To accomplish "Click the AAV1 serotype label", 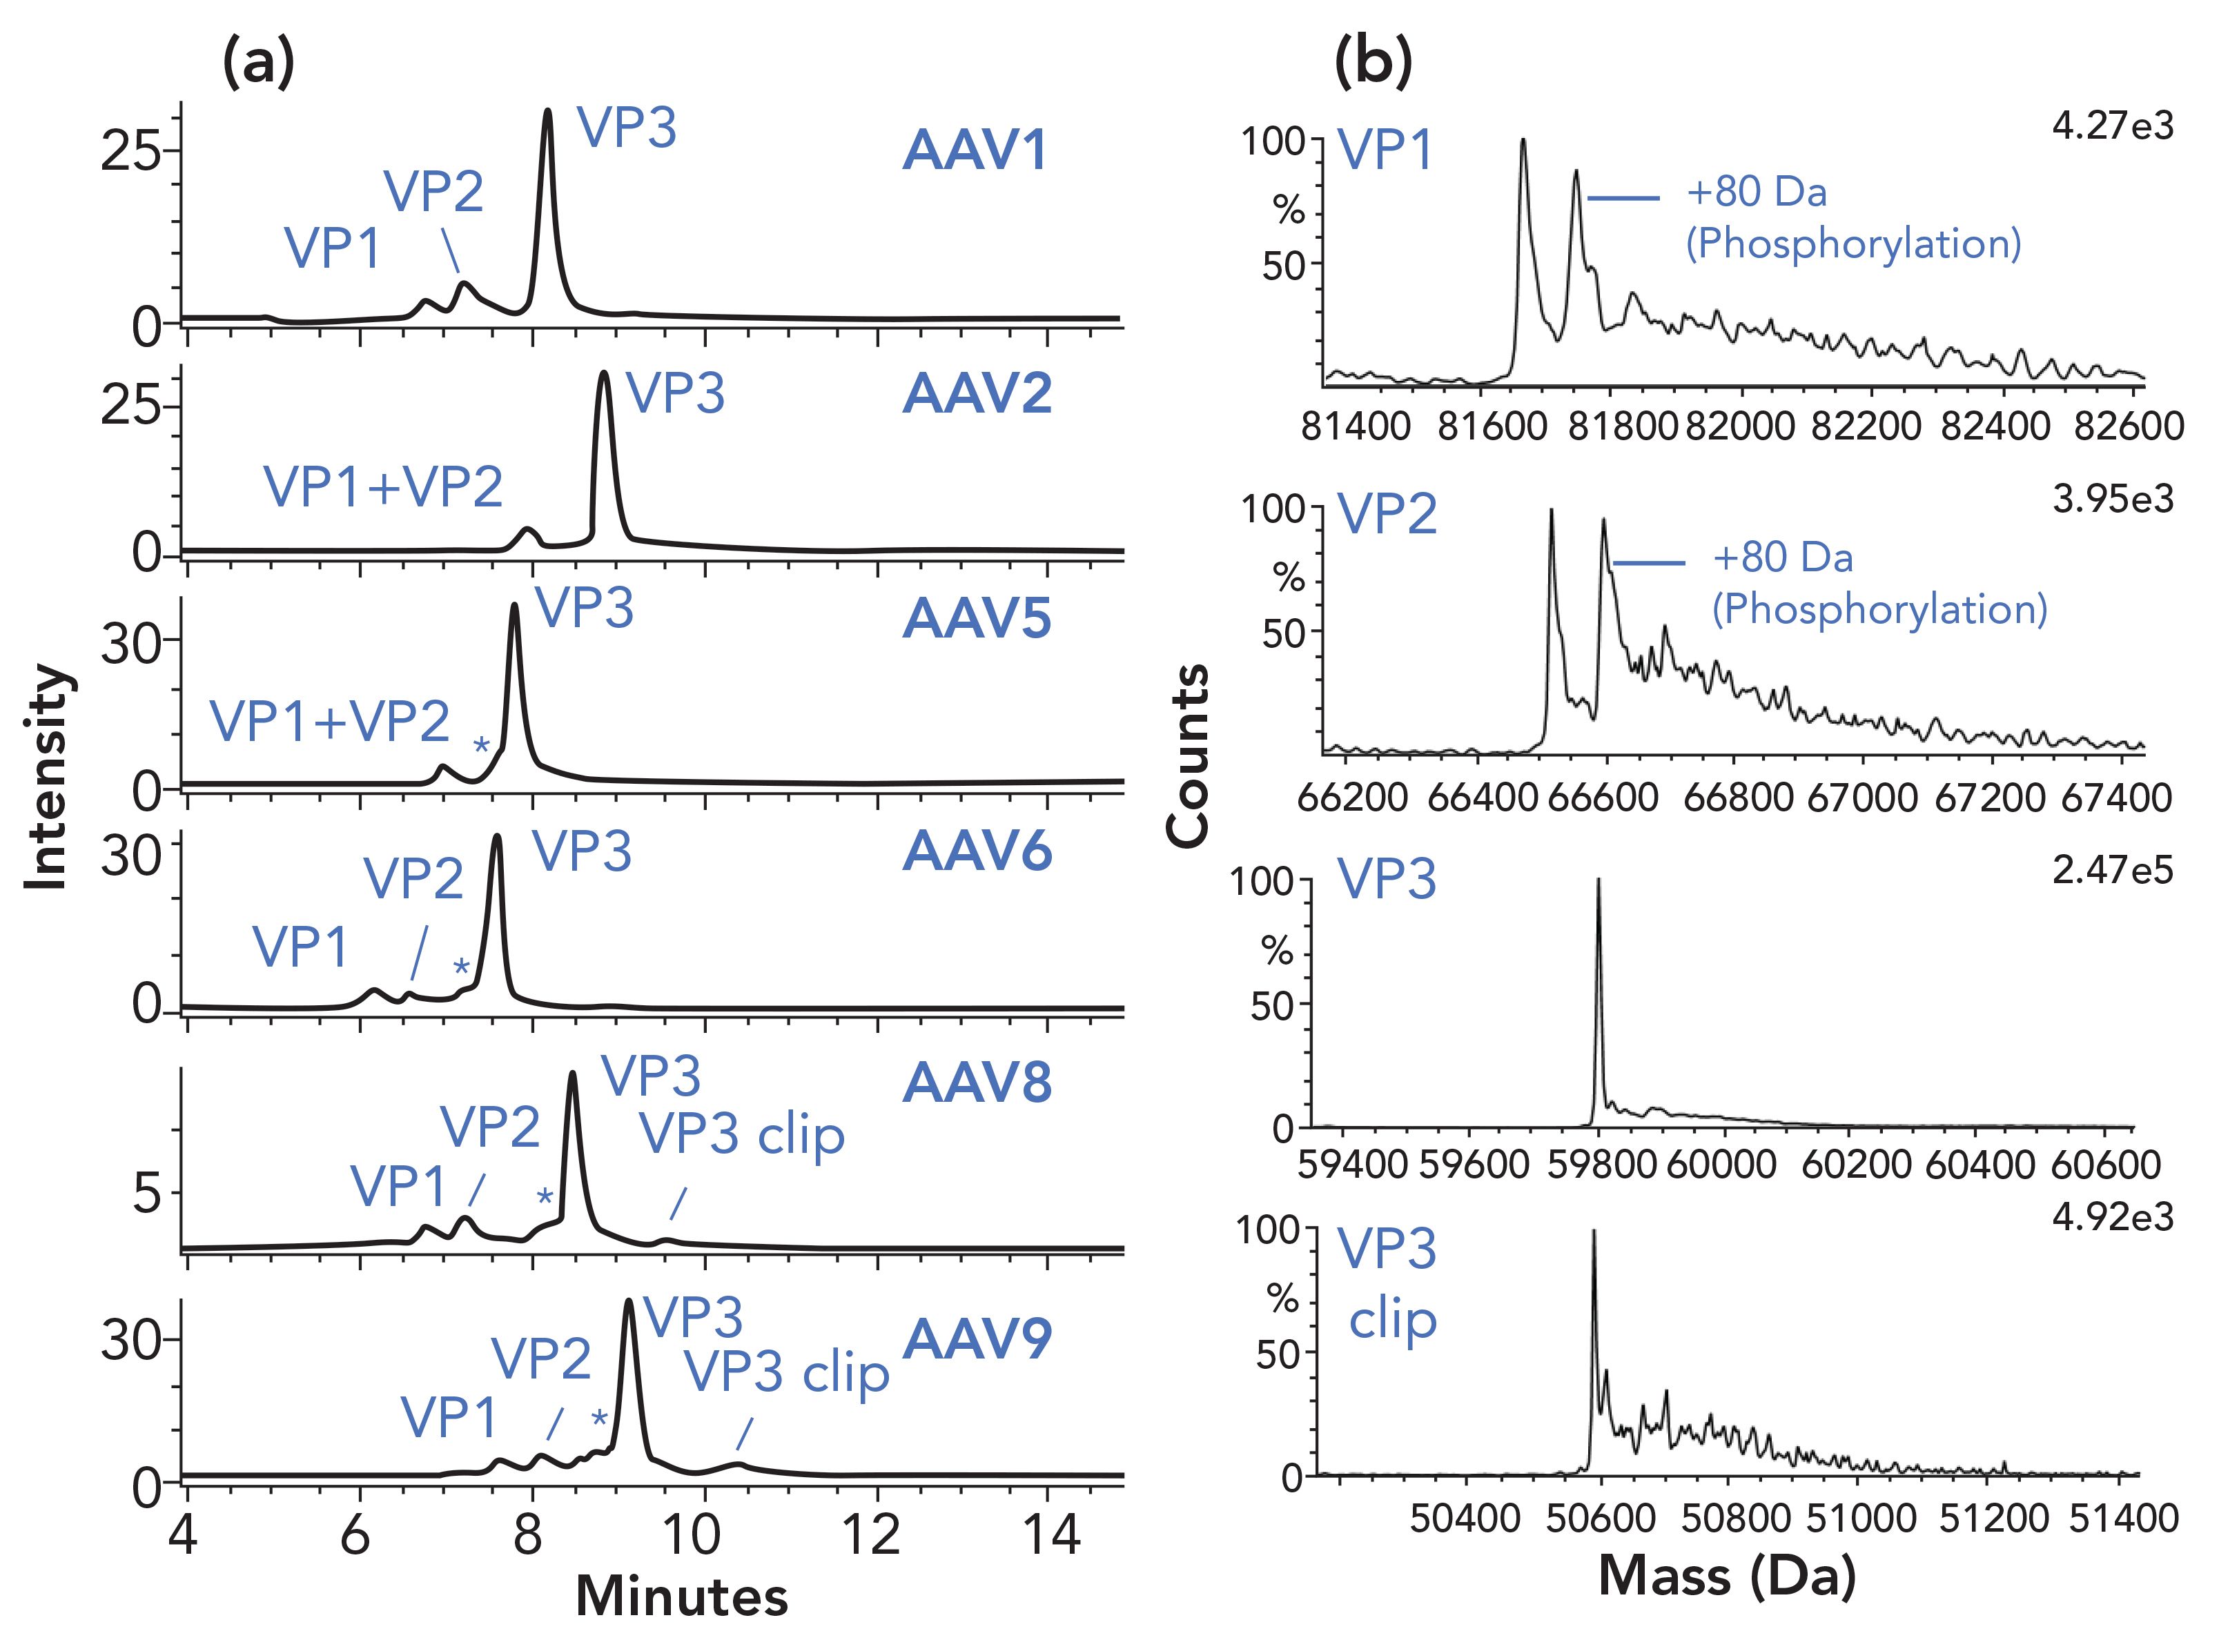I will pos(975,152).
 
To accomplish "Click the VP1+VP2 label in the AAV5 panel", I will pos(330,721).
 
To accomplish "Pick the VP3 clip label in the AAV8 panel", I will pos(742,1135).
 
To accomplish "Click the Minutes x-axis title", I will pos(681,1597).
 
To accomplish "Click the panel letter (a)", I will pos(258,63).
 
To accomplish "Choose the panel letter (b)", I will pos(1373,63).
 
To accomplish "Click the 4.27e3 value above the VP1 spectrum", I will pos(2113,126).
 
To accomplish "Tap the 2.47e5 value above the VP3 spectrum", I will pos(2113,869).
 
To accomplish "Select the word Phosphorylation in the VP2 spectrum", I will pos(1879,609).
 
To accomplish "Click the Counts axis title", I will pos(1189,756).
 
